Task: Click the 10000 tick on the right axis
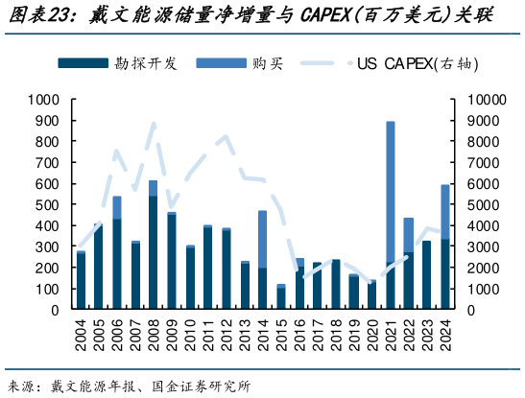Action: coord(485,99)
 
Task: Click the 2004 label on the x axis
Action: coord(81,337)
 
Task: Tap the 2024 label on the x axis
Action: coord(445,337)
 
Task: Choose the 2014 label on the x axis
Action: coord(263,337)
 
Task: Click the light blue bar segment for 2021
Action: coord(391,191)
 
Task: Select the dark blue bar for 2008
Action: coord(154,253)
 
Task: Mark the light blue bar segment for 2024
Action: coord(445,212)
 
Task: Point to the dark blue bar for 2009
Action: coord(172,263)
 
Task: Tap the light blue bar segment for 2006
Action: coord(117,207)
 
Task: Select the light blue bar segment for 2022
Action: coord(409,235)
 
